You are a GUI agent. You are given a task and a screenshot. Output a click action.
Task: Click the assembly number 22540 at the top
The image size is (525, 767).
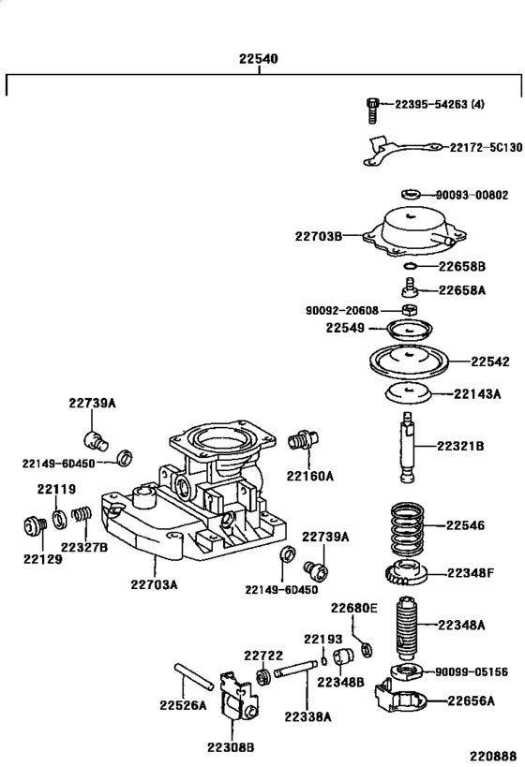[257, 59]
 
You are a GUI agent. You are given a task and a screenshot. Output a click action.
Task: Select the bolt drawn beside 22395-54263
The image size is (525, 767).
[372, 109]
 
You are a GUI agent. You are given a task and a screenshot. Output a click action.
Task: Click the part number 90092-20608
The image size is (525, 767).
[341, 310]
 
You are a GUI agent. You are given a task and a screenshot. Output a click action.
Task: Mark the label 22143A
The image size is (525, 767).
[477, 393]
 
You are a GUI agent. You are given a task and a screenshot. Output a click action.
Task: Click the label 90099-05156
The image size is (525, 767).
[476, 671]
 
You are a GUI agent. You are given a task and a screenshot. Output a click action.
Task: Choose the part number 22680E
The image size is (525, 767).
[353, 608]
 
